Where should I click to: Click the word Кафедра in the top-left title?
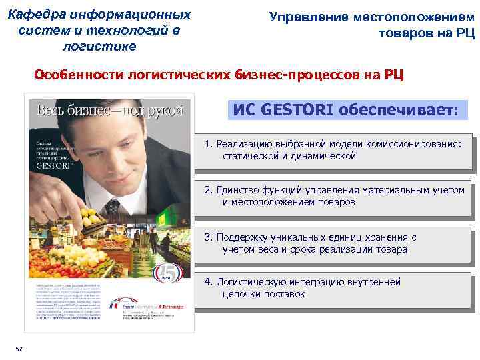coord(40,15)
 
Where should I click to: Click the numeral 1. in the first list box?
coord(209,144)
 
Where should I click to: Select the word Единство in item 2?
coord(237,190)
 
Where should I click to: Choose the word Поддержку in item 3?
coord(245,237)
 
